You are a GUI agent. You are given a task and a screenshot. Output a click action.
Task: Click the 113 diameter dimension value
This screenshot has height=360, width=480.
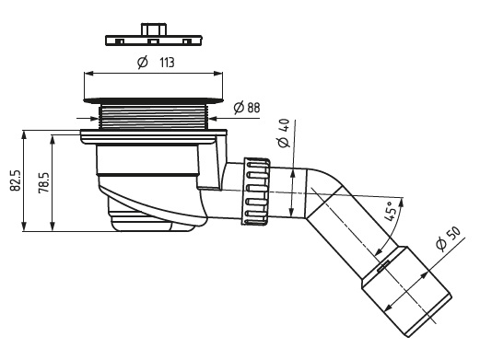[167, 63]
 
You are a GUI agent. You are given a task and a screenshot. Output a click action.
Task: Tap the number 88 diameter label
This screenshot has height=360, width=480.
[253, 108]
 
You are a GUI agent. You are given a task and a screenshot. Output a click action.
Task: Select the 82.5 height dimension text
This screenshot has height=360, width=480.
[16, 180]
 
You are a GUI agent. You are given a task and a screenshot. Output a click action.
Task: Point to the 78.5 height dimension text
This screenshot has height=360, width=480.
[43, 182]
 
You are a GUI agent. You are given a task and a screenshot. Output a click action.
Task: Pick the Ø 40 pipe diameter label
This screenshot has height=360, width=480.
[284, 133]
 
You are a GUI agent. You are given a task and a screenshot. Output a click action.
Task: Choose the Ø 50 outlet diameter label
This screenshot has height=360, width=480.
[448, 238]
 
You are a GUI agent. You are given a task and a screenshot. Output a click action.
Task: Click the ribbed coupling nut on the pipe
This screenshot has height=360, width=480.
[257, 192]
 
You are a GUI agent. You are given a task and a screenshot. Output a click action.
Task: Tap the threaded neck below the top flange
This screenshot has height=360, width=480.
[154, 117]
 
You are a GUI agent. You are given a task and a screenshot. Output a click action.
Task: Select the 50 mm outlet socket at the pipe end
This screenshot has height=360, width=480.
[407, 291]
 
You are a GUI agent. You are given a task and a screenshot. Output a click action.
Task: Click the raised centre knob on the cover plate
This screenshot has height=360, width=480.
[154, 29]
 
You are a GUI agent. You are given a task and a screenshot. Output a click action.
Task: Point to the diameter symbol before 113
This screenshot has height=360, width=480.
[143, 63]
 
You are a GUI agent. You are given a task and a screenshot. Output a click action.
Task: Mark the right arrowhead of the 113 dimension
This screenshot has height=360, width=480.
[218, 74]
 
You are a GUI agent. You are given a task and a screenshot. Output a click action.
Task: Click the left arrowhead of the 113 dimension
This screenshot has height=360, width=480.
[88, 74]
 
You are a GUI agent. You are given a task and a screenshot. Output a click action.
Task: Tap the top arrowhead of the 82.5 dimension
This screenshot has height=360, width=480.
[24, 135]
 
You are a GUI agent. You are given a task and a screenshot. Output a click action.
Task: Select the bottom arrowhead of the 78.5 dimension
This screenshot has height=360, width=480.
[53, 226]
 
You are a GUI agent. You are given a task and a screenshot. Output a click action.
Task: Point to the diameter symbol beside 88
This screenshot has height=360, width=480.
[239, 108]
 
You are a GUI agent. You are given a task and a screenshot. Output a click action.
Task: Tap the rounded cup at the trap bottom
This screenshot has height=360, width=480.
[140, 216]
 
